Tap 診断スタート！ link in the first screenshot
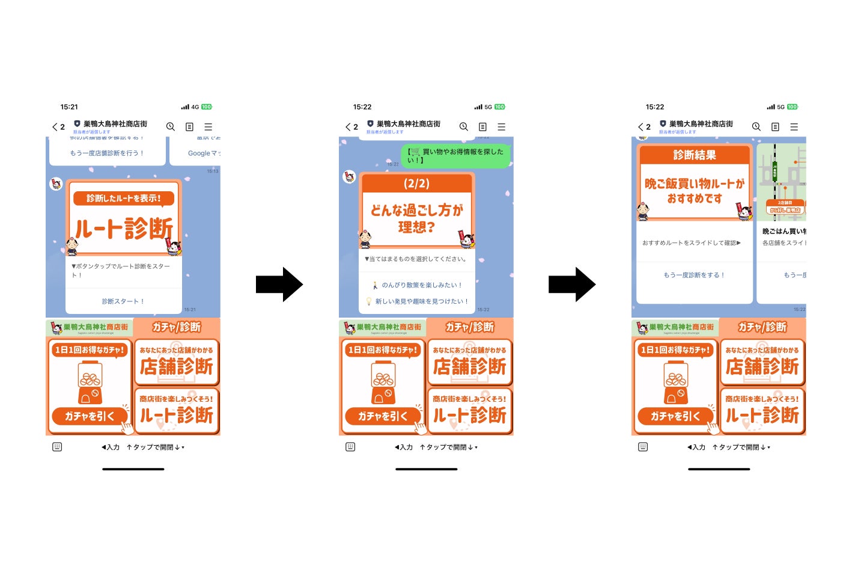(123, 301)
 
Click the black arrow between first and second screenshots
(279, 284)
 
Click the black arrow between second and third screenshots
(571, 284)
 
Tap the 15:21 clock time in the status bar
(69, 107)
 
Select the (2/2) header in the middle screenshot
(416, 183)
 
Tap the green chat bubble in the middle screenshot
(455, 156)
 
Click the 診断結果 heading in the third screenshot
(694, 155)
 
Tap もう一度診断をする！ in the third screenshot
(694, 275)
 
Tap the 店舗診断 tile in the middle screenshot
(469, 362)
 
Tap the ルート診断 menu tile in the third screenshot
(762, 411)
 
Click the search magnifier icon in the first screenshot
(171, 127)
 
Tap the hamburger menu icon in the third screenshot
(794, 127)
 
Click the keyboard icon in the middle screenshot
(350, 447)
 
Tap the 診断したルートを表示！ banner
(123, 198)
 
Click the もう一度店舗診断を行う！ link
(107, 153)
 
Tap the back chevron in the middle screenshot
(348, 127)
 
